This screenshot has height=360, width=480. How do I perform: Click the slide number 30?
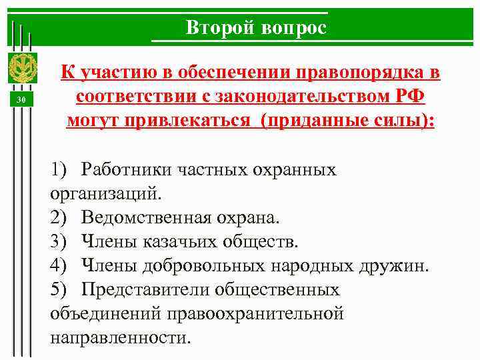click(x=21, y=100)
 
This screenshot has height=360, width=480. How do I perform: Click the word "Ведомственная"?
click(x=147, y=218)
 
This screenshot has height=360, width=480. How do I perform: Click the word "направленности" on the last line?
click(x=119, y=338)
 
